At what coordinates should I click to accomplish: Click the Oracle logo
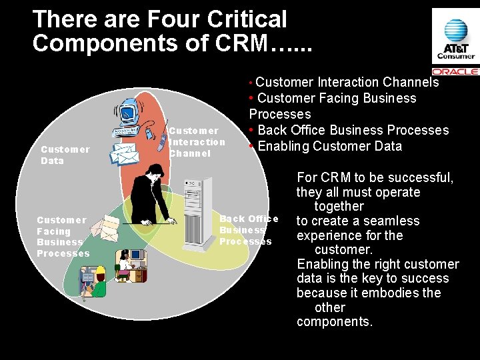(x=455, y=71)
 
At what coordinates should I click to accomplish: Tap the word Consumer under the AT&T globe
(x=456, y=55)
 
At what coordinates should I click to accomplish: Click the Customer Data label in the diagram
(x=65, y=155)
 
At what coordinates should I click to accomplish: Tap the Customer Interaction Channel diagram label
(x=197, y=141)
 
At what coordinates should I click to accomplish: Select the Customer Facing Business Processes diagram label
(x=63, y=237)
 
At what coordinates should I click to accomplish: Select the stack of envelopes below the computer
(x=124, y=151)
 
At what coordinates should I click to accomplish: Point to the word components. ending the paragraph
(x=334, y=322)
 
